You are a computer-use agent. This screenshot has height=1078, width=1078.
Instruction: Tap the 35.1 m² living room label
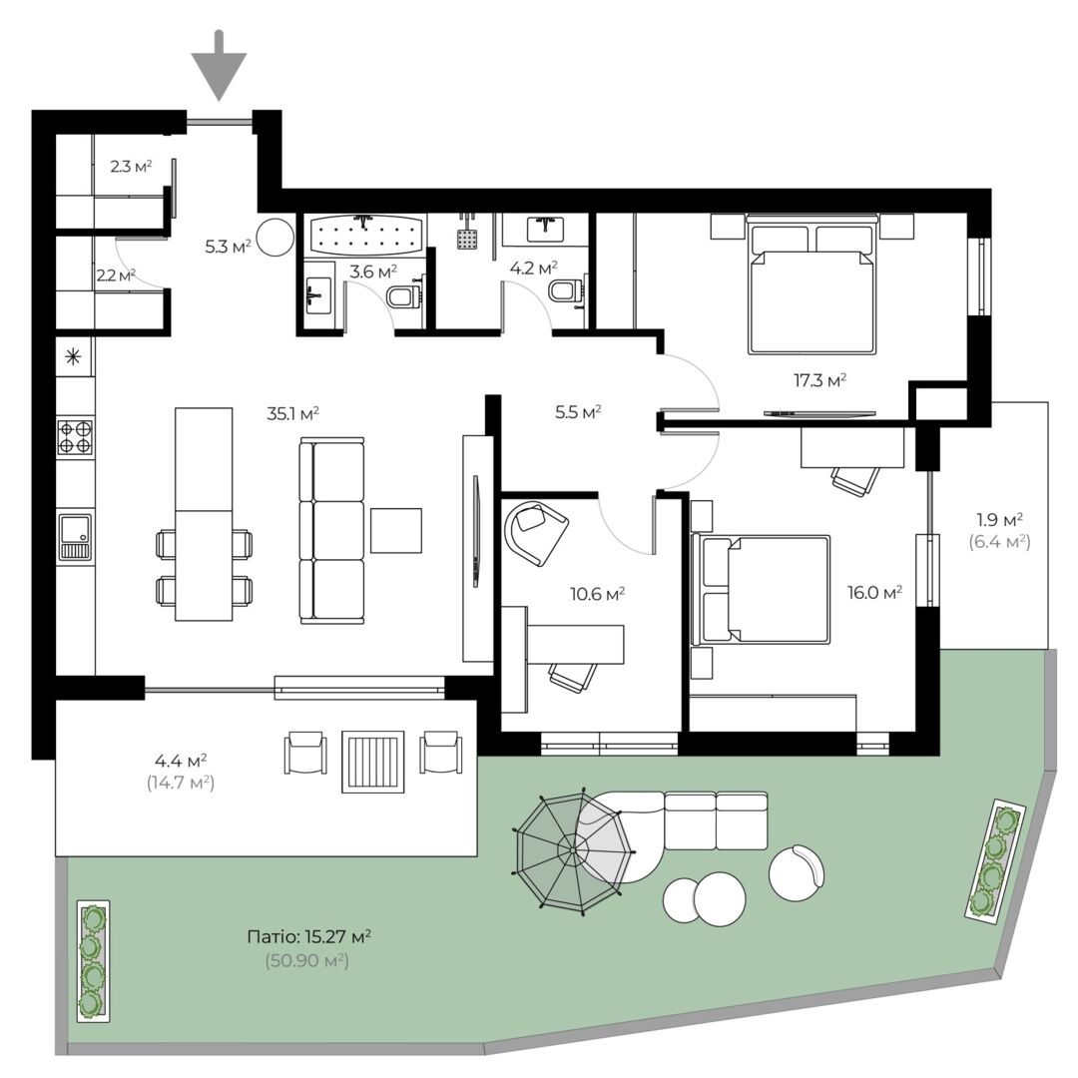coord(292,414)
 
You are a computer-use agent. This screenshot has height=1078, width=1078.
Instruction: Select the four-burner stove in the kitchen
coord(75,437)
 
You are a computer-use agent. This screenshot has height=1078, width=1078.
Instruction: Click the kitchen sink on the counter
coord(75,536)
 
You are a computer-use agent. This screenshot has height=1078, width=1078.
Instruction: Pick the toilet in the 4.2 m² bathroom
coord(566,290)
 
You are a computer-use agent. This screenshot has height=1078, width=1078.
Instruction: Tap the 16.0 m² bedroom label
coord(874,592)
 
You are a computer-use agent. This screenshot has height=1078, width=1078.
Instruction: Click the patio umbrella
coord(572,849)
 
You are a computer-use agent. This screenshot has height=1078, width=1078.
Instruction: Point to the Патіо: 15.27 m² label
coord(309,936)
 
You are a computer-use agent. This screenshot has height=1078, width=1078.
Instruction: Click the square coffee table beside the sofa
coord(396,530)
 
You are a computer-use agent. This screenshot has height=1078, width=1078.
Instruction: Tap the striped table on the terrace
coord(373,762)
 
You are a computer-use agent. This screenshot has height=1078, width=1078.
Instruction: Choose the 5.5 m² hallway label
coord(578,412)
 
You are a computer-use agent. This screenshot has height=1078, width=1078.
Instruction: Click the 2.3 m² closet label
coord(131,167)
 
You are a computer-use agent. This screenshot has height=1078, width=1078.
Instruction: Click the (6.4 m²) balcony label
coord(999,542)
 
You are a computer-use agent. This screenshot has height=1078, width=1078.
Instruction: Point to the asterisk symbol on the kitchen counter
coord(73,356)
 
